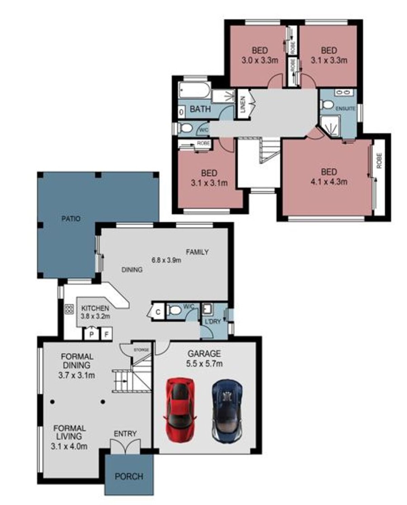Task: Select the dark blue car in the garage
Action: pos(227,411)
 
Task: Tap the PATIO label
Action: pos(71,219)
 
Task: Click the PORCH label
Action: pos(129,476)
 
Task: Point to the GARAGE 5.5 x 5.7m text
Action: pos(205,359)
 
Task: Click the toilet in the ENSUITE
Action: pos(327,105)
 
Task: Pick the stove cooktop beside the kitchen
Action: pos(69,309)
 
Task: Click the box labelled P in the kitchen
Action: pos(91,334)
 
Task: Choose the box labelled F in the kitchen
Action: pos(106,334)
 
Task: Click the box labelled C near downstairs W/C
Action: pos(158,312)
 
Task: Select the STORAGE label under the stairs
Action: pos(142,350)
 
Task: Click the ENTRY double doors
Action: pos(125,446)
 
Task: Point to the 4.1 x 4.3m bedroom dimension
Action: pos(329,182)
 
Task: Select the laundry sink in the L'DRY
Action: pos(207,309)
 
